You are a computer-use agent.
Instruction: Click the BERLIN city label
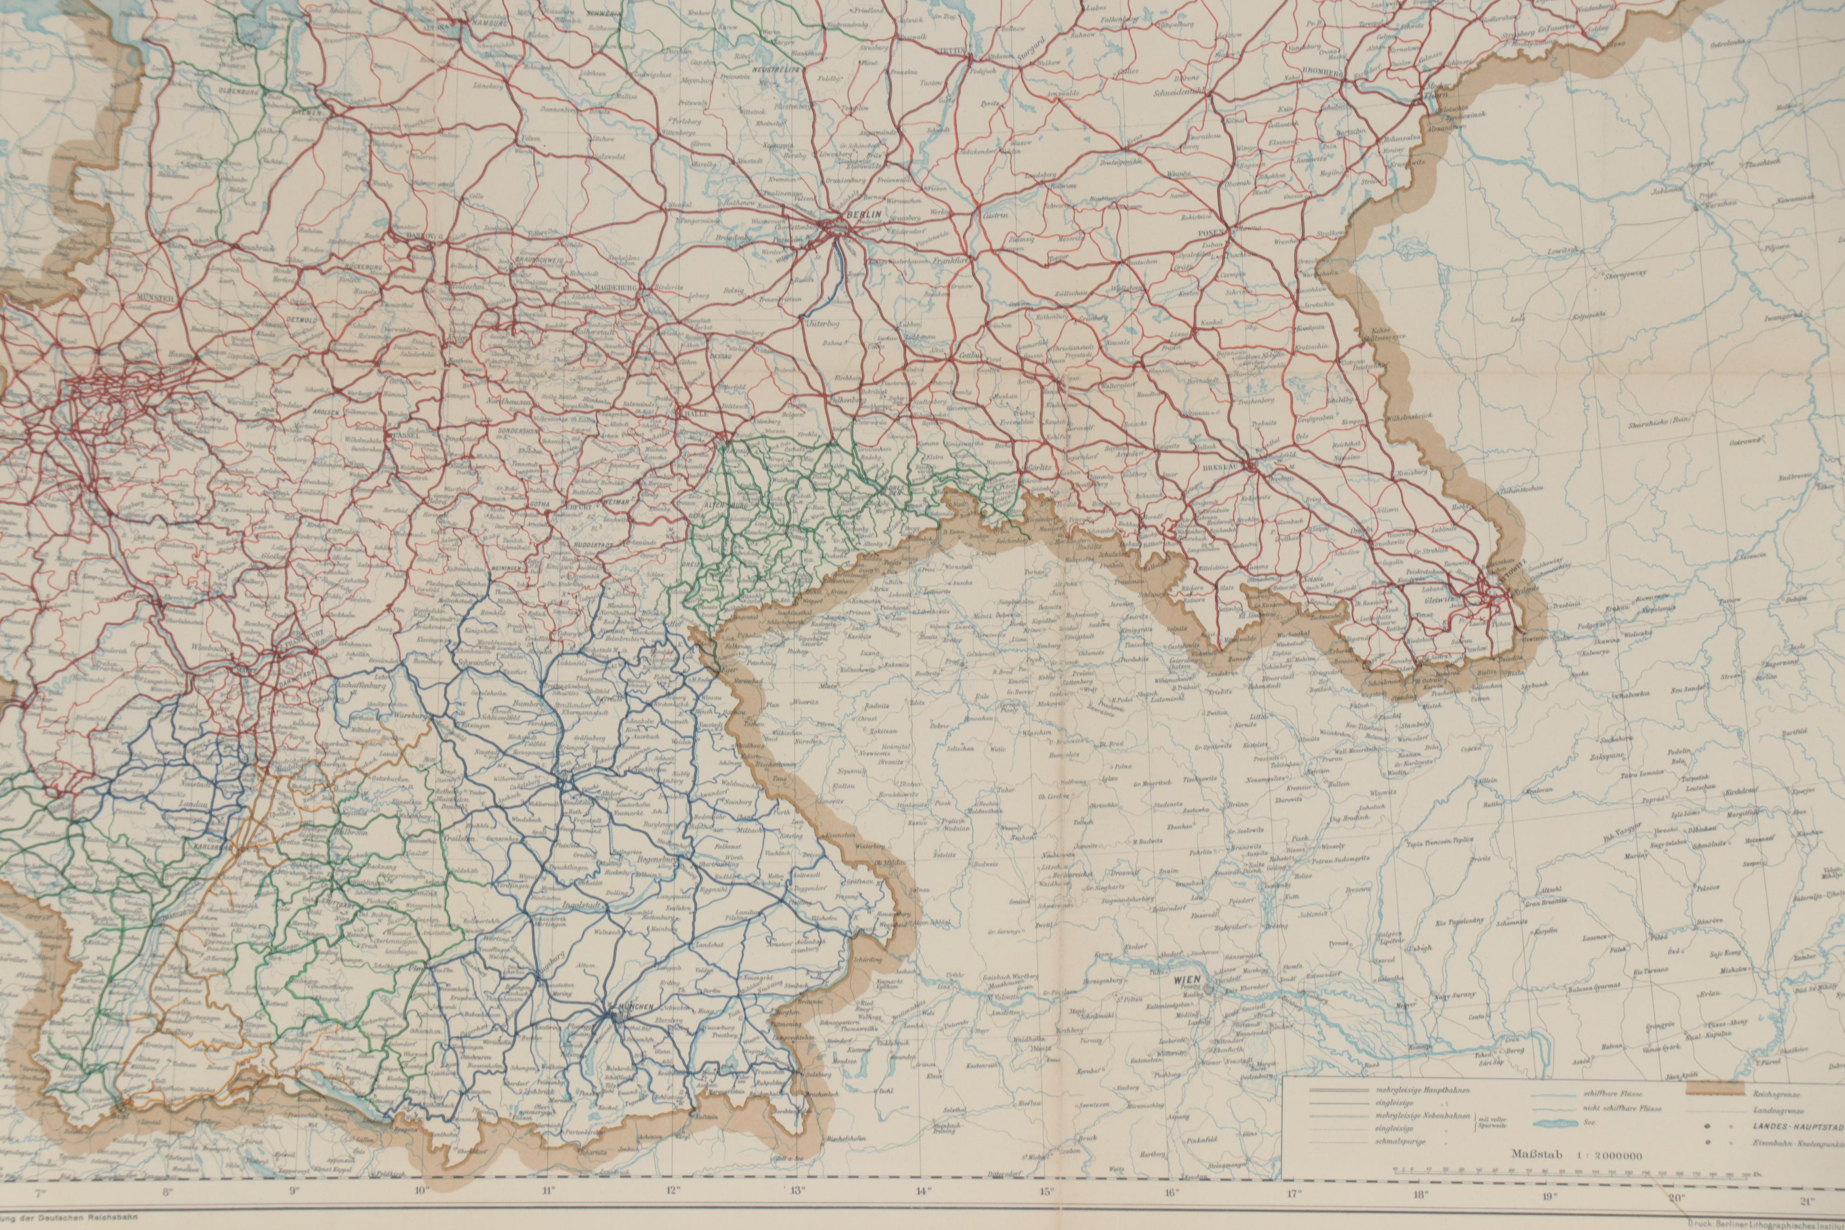[849, 213]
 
